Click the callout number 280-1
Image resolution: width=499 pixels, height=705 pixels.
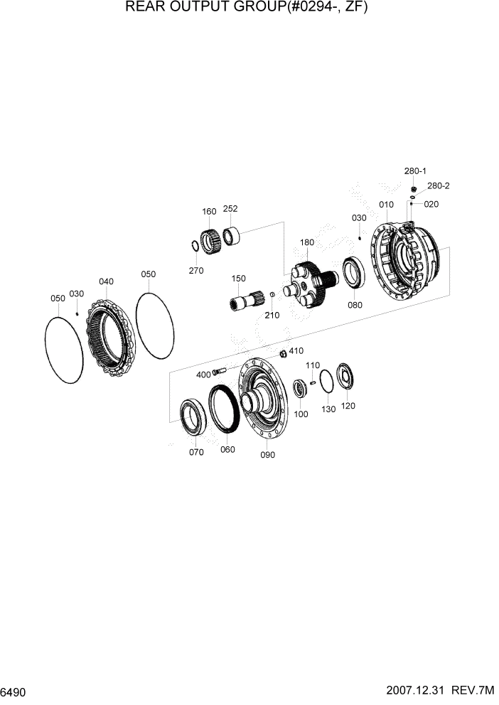click(x=415, y=171)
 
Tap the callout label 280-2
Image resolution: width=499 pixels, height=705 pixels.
click(x=439, y=186)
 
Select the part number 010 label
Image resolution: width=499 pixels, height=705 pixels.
click(x=386, y=205)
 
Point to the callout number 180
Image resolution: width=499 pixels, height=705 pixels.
click(x=306, y=242)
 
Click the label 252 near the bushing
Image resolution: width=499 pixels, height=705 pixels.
click(x=230, y=209)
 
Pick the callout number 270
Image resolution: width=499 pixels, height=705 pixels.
click(x=196, y=270)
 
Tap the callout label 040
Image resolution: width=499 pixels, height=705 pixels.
click(x=106, y=281)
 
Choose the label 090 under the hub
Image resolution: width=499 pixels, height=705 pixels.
click(x=267, y=455)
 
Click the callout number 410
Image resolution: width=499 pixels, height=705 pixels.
click(x=296, y=350)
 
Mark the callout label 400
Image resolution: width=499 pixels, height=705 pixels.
click(x=203, y=374)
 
